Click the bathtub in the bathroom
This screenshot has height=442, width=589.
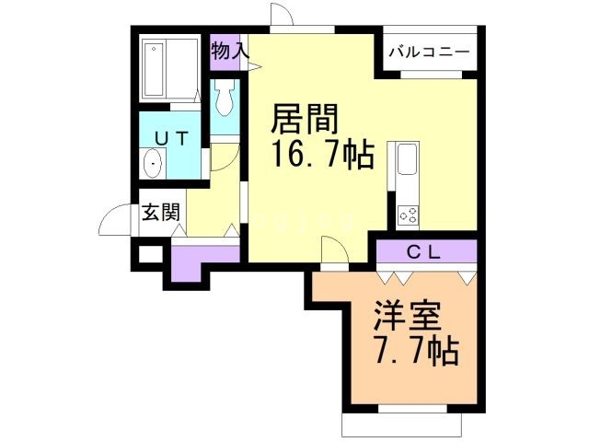(x=171, y=68)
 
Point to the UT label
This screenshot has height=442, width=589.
(x=171, y=139)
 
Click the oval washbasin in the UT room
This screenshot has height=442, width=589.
(x=154, y=165)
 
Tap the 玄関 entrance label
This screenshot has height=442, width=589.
(x=161, y=214)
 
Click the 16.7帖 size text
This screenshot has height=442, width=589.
(x=322, y=155)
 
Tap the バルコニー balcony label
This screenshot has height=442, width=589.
(x=429, y=51)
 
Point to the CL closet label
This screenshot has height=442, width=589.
(x=423, y=250)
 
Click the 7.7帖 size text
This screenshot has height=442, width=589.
(x=416, y=351)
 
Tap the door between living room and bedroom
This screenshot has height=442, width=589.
(x=334, y=251)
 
